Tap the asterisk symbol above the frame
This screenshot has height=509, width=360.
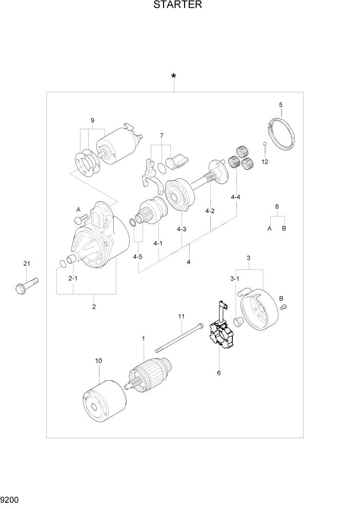pos(174,77)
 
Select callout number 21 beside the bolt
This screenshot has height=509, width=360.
pos(27,264)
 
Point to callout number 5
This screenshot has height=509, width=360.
pos(281,105)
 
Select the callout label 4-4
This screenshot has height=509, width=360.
pos(236,197)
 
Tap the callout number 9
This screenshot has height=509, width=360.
pos(93,121)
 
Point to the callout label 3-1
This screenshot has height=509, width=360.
pos(234,279)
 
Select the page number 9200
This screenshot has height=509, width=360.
pos(11,499)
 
